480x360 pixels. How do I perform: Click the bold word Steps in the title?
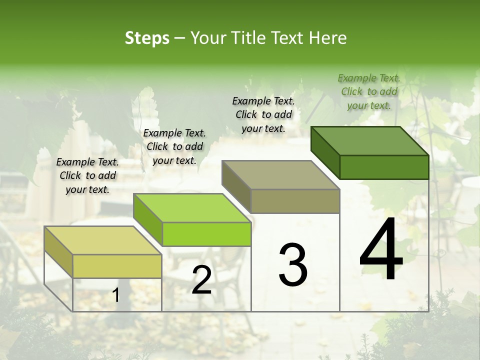147,38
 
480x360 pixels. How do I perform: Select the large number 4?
381,249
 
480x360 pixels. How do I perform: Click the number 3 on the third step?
293,265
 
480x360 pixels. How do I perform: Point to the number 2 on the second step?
201,280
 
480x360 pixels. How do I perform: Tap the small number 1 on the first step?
116,295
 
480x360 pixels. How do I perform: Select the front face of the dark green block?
384,167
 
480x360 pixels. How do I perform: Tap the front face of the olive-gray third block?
295,201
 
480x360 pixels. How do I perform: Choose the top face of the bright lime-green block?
192,208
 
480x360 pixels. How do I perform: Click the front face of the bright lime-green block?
206,234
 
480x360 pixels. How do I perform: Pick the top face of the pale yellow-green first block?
103,240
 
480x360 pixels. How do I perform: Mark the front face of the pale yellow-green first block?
117,266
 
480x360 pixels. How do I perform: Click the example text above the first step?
87,175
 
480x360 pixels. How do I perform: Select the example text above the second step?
174,146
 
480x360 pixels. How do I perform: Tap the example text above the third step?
263,114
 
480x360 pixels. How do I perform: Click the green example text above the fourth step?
369,91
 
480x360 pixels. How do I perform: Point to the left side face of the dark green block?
325,152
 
